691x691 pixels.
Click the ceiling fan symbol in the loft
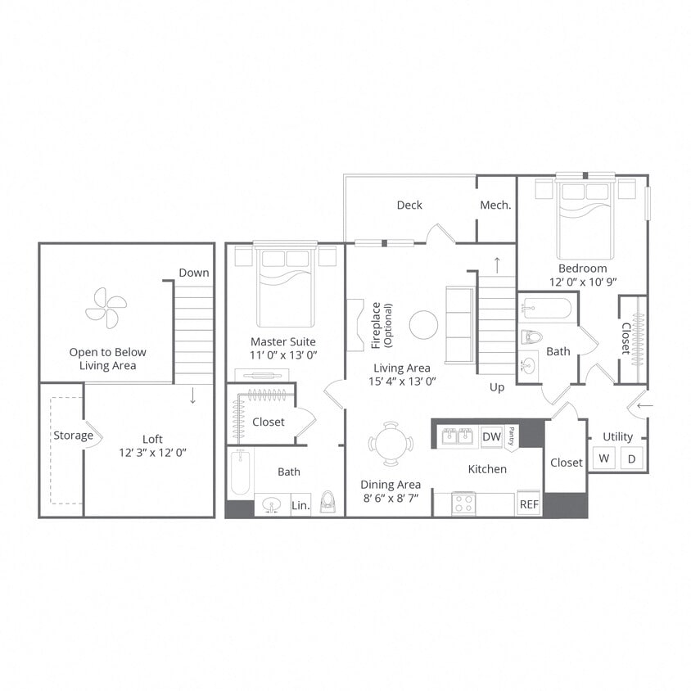tap(106, 308)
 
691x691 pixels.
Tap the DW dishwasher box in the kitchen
tap(491, 437)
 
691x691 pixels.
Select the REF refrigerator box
tap(529, 504)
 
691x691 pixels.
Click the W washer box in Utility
tap(603, 458)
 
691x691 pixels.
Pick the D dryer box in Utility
tap(631, 458)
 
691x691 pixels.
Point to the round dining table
tap(385, 444)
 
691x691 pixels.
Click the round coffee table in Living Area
tap(423, 325)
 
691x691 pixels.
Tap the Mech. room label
tap(495, 205)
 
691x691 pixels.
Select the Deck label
tap(409, 205)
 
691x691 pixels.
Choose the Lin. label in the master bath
tap(300, 506)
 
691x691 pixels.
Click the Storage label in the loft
tap(73, 436)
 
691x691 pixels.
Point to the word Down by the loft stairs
tap(194, 273)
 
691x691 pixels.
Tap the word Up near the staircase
tap(497, 386)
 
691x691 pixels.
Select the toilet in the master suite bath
tap(328, 502)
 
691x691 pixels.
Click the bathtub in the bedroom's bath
tap(548, 309)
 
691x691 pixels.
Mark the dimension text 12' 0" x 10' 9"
tap(583, 282)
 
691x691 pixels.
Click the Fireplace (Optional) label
tap(382, 325)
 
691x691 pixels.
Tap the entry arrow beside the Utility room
tap(646, 404)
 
